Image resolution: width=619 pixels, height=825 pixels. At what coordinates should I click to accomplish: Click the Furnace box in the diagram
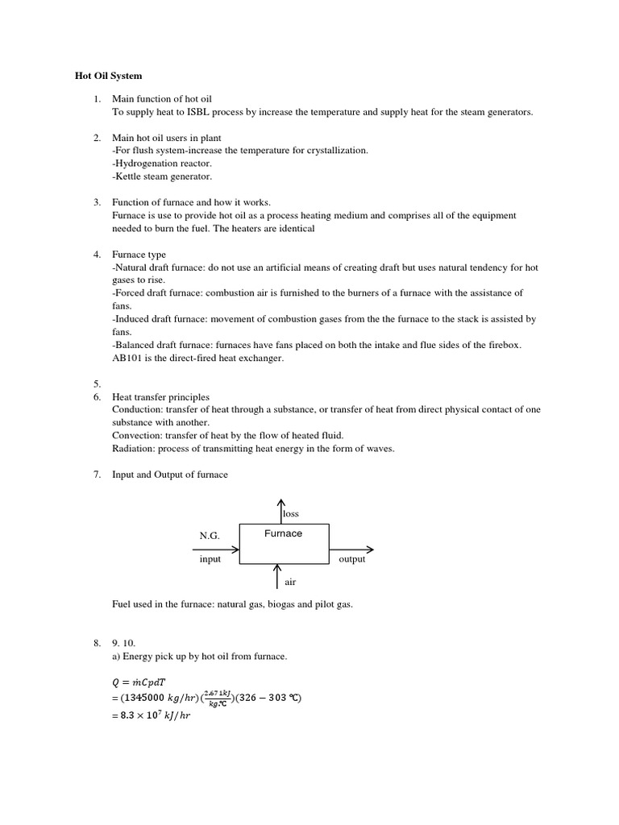(284, 545)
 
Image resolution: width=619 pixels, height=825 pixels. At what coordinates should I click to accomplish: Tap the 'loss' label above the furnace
(290, 513)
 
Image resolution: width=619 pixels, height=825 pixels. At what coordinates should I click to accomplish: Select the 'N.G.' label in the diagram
(209, 535)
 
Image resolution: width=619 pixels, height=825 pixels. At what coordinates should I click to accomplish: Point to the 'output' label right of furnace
(352, 559)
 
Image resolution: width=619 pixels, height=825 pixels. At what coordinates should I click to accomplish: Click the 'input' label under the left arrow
(210, 559)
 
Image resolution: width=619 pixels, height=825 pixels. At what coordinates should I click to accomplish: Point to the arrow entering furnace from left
(216, 549)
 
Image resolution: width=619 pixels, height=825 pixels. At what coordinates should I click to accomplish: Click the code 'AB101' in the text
(126, 358)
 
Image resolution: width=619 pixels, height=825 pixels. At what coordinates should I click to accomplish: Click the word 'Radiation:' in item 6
(134, 449)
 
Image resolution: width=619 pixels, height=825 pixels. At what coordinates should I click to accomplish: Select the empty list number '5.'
(97, 384)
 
